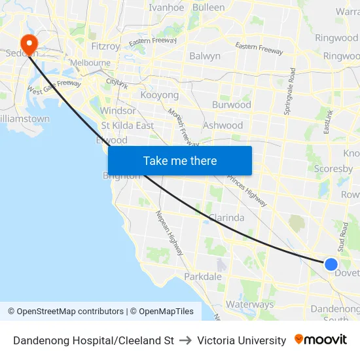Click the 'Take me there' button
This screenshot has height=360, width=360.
tap(180, 160)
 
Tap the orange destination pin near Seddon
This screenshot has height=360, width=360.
tap(29, 44)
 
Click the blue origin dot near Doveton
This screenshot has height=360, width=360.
tap(331, 264)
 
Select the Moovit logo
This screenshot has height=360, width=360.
tap(321, 340)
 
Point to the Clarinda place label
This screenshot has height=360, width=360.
tap(226, 218)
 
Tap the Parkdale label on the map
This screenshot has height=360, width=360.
tap(203, 277)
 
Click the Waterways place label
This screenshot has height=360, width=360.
tap(249, 304)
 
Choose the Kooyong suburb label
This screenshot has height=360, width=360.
tap(160, 96)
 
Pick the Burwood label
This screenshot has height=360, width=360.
tap(232, 105)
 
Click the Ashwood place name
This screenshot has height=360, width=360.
tap(223, 125)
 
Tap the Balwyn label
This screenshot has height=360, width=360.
tap(205, 56)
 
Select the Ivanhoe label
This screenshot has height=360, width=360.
tap(166, 8)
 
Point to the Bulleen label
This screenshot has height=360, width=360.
tap(209, 8)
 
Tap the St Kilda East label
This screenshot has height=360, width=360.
tap(127, 125)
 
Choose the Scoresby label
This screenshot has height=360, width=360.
tap(333, 168)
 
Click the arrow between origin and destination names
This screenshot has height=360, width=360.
tap(185, 340)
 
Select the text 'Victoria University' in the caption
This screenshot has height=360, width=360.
tap(242, 340)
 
